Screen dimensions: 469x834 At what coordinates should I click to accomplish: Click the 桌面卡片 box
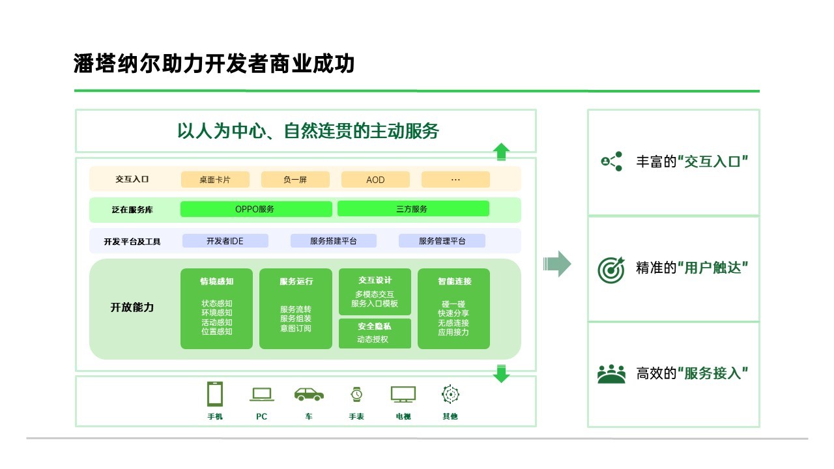click(215, 179)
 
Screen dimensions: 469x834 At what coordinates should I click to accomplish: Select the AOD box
click(375, 179)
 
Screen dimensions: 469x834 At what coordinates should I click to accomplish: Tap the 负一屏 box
click(295, 179)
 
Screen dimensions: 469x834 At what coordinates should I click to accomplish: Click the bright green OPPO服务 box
click(255, 209)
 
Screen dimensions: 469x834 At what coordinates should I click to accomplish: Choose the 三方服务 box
click(412, 209)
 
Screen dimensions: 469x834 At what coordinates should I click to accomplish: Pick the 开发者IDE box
click(225, 241)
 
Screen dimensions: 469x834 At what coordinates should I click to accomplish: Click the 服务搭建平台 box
click(334, 241)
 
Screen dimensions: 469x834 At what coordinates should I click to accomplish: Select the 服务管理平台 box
click(442, 241)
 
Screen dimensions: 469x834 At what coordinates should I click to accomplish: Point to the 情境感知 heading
click(216, 281)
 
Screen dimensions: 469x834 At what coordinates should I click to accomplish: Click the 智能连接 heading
click(454, 281)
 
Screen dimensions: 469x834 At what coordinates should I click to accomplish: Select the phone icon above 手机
click(215, 394)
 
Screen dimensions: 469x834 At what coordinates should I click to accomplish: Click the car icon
click(309, 394)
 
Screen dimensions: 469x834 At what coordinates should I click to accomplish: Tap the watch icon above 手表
click(356, 394)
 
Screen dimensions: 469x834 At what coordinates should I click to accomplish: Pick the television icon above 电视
click(403, 394)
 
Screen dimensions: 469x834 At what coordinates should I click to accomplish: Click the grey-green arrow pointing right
click(557, 264)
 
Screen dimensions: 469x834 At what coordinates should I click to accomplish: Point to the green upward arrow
click(501, 152)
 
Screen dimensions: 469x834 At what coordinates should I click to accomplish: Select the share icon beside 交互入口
click(612, 161)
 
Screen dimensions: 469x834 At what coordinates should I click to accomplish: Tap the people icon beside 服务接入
click(611, 374)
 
